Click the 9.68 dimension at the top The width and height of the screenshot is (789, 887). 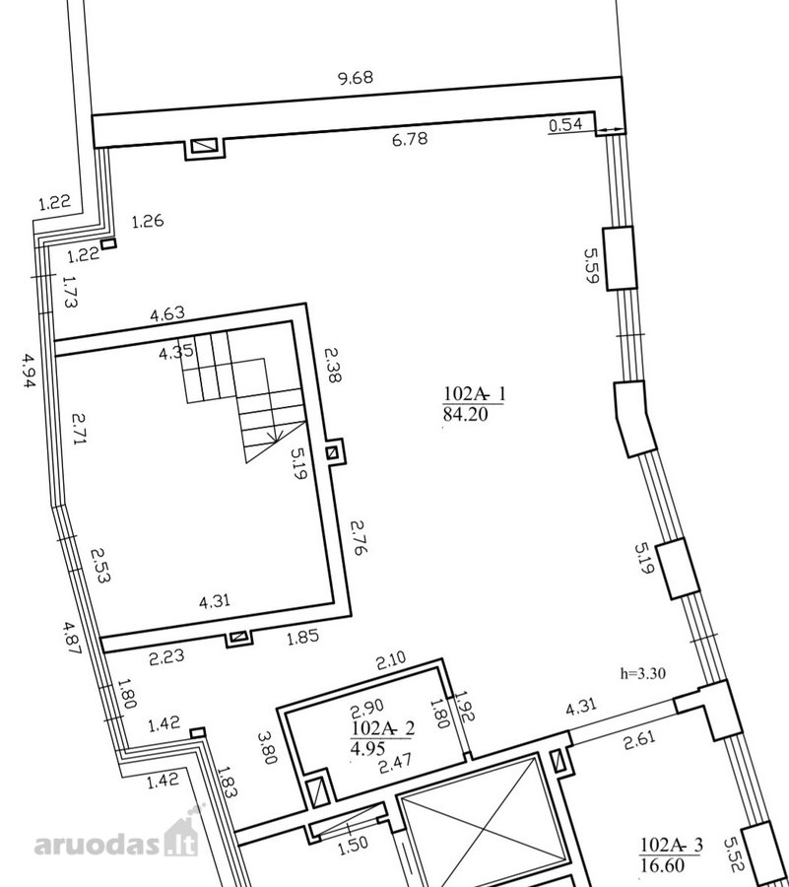[x=356, y=78]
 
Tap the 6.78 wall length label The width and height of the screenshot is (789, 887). [x=410, y=139]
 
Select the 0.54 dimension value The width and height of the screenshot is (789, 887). [x=565, y=124]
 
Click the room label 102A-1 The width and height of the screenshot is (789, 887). [x=474, y=393]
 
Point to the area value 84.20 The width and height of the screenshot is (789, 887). [x=465, y=414]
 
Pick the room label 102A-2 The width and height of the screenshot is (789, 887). [x=382, y=727]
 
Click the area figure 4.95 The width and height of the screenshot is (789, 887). [x=367, y=748]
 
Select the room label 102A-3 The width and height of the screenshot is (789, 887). [x=672, y=845]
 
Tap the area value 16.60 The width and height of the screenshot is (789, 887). [x=662, y=865]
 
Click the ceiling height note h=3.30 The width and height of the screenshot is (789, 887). [x=642, y=673]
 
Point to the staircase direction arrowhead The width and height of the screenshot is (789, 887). [x=278, y=437]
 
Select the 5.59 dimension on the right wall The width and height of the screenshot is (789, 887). [x=591, y=265]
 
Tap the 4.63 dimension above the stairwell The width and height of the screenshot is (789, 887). [x=167, y=313]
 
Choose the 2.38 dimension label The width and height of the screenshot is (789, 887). [x=332, y=365]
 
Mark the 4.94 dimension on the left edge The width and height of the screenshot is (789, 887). [x=29, y=371]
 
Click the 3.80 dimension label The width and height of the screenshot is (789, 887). [x=267, y=748]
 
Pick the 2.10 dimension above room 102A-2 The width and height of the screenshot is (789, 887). [x=391, y=660]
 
